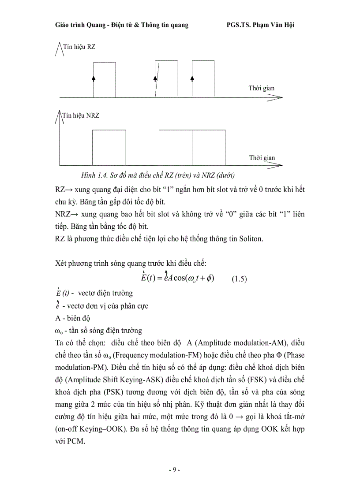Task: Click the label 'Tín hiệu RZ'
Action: tap(79, 47)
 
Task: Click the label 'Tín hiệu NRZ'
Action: tap(82, 115)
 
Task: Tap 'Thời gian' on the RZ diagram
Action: tap(261, 88)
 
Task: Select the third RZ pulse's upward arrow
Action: tap(192, 78)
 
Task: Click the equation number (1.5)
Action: tap(240, 279)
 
